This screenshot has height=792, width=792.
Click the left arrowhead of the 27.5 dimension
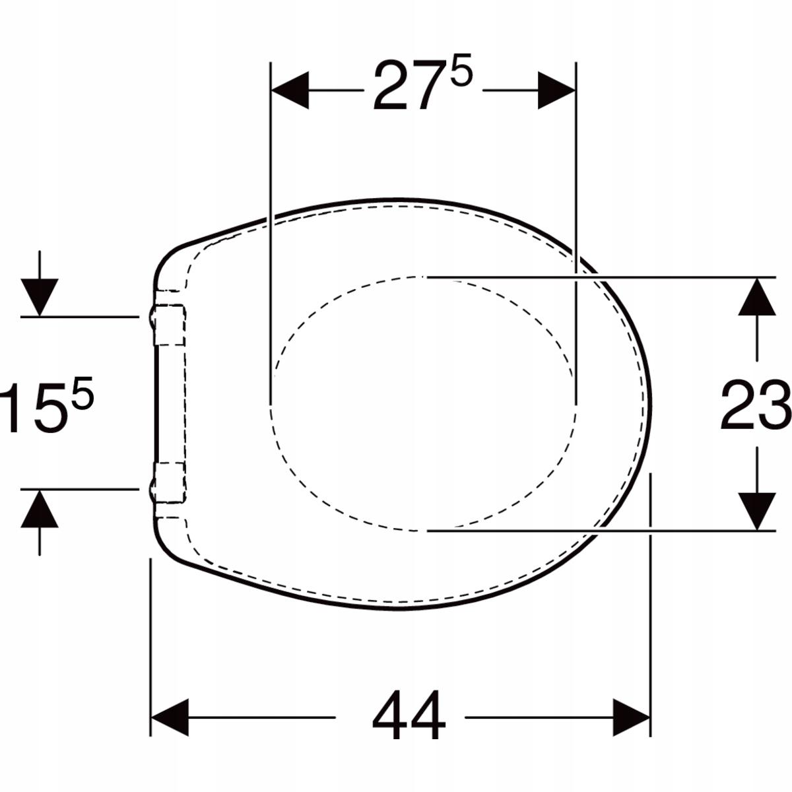pos(290,90)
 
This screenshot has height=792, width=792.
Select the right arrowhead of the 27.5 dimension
pos(556,90)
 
